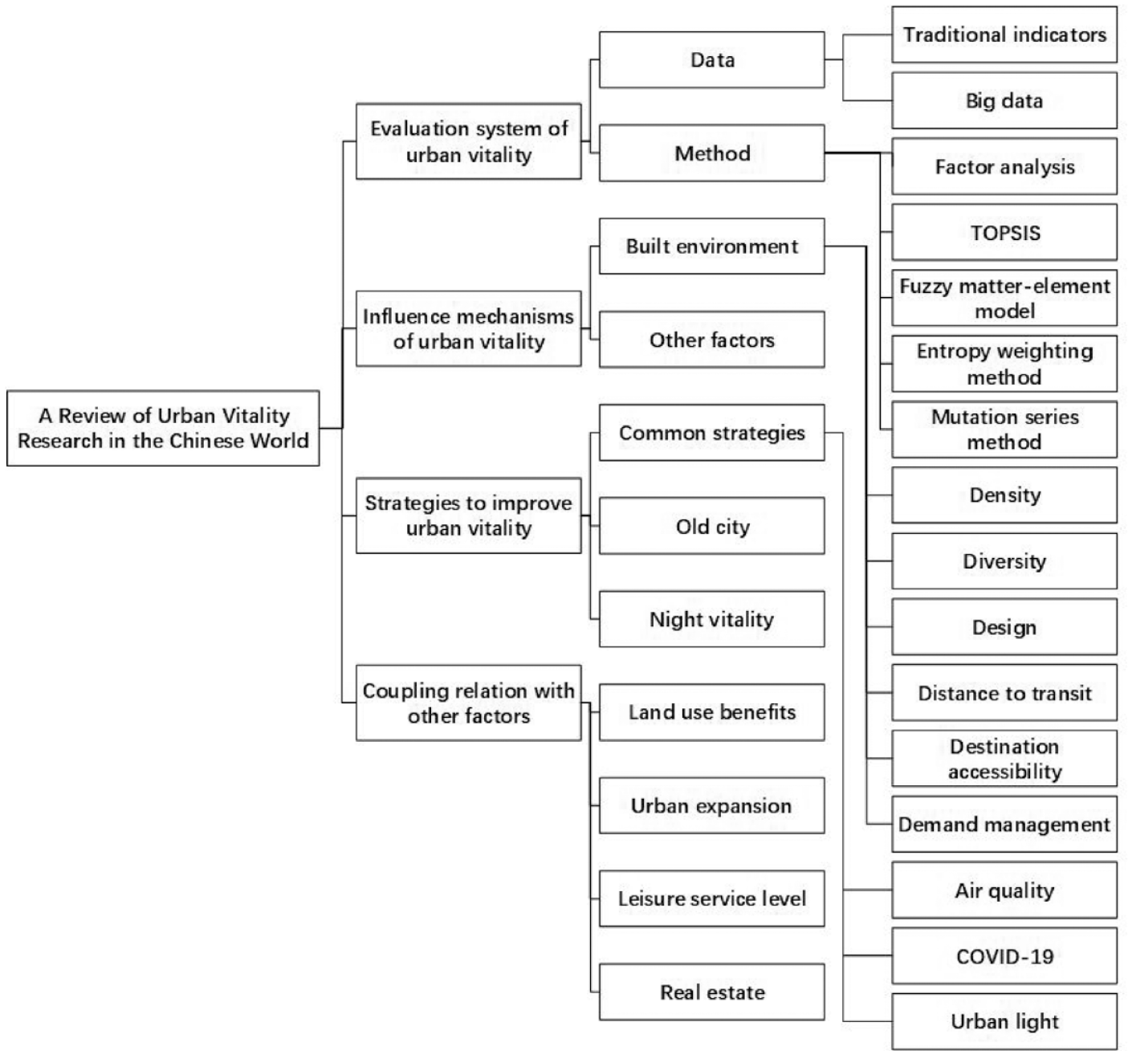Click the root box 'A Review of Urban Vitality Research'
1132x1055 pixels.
[x=163, y=428]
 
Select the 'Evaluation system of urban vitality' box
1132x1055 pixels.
[x=469, y=141]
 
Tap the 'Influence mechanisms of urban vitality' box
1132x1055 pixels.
[x=469, y=328]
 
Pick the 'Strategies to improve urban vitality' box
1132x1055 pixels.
[x=469, y=515]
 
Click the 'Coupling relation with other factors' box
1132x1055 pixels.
[x=469, y=703]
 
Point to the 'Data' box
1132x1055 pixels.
[x=712, y=59]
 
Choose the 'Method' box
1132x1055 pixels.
[x=712, y=153]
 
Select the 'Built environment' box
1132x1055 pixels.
[x=712, y=246]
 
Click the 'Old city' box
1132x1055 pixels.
[x=712, y=526]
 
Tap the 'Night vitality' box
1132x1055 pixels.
[x=712, y=619]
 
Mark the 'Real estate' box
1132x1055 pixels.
[x=712, y=992]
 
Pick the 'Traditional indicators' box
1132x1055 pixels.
[x=1004, y=35]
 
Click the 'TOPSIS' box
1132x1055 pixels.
[x=1004, y=233]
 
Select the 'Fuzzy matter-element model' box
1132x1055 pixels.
[x=1004, y=298]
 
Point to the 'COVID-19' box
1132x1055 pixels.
[x=1004, y=956]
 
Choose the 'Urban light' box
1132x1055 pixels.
[x=1004, y=1022]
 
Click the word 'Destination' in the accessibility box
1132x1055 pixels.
[x=1004, y=747]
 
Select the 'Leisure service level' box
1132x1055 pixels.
[x=712, y=898]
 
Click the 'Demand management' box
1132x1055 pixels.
[x=1004, y=825]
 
